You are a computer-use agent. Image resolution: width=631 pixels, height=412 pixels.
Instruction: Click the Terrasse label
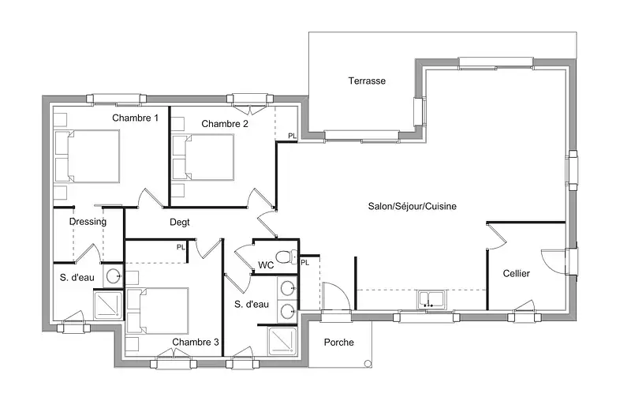367,81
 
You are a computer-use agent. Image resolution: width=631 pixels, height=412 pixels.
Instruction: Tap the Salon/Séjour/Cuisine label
412,206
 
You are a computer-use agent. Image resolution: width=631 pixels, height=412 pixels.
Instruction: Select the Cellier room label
517,273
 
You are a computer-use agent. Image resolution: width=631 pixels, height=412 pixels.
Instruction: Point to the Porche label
339,343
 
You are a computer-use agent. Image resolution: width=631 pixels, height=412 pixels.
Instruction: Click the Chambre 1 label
135,118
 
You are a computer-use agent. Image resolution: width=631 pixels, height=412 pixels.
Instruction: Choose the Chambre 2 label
225,124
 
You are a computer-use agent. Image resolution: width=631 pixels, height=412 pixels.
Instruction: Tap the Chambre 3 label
195,342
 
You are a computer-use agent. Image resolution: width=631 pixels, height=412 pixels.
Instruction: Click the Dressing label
88,222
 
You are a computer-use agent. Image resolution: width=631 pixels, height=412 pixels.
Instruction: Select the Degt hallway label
180,222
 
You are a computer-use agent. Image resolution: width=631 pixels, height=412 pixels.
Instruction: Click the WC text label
266,265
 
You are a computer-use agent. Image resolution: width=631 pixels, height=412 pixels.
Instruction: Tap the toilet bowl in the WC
286,257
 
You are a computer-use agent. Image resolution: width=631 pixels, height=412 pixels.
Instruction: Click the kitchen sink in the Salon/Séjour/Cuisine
431,300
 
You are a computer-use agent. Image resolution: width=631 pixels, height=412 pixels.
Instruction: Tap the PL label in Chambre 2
292,136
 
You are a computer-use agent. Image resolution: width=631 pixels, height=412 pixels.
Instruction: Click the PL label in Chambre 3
181,247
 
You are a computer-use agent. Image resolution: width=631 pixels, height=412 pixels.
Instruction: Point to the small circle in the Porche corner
368,364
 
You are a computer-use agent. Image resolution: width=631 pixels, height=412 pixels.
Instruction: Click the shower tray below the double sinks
282,341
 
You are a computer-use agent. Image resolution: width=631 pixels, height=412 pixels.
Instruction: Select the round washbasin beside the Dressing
113,276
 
